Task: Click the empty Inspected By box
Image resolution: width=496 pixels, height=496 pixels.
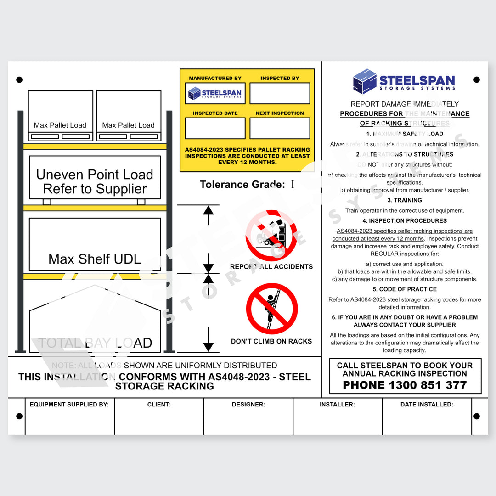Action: pos(280,93)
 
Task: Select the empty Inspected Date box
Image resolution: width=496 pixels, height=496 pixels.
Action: pos(215,128)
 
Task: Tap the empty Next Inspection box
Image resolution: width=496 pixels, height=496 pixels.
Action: pos(280,128)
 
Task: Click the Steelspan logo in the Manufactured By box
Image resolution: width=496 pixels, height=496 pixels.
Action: pos(215,93)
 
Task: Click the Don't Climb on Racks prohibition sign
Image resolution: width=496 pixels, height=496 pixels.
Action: pos(271,309)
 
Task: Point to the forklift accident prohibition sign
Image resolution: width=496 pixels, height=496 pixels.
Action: pos(271,235)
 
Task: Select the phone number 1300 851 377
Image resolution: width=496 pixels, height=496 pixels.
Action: pos(405,385)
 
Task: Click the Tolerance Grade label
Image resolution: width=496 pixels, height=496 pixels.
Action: pos(242,185)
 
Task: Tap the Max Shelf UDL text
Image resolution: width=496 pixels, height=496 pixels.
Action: pos(95,259)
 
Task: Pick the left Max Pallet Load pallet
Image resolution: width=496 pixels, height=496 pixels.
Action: pos(60,115)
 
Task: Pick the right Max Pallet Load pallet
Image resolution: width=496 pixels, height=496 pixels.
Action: pos(129,115)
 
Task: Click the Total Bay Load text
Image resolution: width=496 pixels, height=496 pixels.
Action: pos(95,343)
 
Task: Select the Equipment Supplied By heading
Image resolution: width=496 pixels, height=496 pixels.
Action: pos(69,405)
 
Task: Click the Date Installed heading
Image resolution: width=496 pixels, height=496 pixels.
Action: pos(427,405)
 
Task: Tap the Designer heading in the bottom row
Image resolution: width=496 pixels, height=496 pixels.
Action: pos(248,405)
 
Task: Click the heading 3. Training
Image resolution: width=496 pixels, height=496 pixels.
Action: pos(405,200)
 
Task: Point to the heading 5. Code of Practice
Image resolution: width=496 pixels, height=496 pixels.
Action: pos(405,289)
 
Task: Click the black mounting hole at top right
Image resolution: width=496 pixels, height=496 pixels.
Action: pos(476,79)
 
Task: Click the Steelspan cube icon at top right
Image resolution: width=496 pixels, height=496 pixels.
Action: pos(365,81)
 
